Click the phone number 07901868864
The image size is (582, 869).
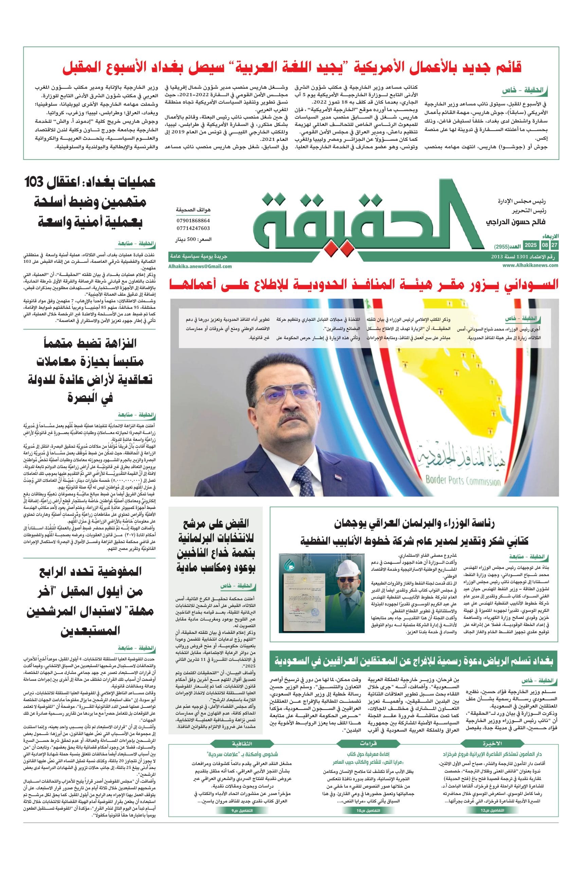pyautogui.click(x=193, y=220)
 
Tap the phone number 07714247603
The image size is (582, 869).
pyautogui.click(x=193, y=228)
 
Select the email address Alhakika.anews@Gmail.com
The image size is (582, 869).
pyautogui.click(x=200, y=266)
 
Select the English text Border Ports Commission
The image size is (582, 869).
pyautogui.click(x=463, y=481)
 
